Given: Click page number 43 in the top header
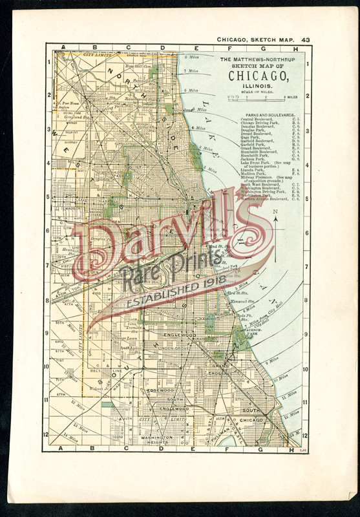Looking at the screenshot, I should click(x=305, y=40).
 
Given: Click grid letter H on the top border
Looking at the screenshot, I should click(x=295, y=48).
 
